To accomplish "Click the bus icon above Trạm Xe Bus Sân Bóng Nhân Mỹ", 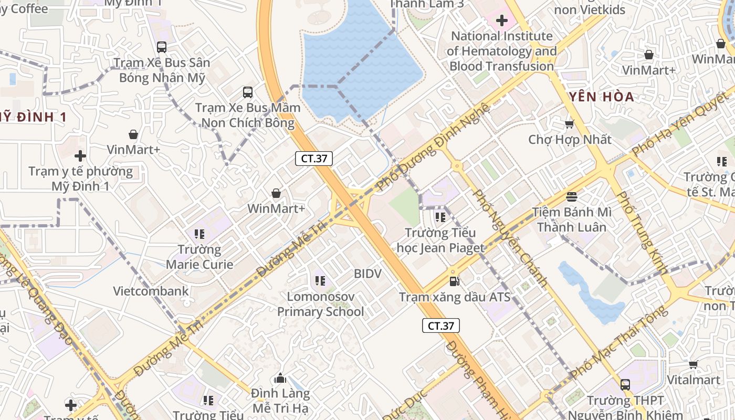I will tap(162, 47).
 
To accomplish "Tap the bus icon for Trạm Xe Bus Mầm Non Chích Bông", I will tap(248, 92).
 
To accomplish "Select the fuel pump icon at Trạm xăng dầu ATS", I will tap(455, 281).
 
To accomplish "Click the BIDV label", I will tap(367, 274).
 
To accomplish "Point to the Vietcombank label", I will tap(151, 291).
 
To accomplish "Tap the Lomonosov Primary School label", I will tap(320, 304).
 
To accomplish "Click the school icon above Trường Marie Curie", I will tap(199, 234).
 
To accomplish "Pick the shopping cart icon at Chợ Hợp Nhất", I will tap(569, 124).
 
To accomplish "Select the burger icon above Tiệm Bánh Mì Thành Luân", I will tap(572, 197).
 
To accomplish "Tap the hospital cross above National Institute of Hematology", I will tap(502, 21).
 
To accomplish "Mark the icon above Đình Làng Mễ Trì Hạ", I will tap(280, 378).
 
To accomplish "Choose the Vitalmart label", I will tap(693, 380).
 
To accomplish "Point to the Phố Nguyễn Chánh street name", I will tap(510, 237).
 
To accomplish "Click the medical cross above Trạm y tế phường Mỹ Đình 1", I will tap(80, 156).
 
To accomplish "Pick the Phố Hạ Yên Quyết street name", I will tap(677, 124).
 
